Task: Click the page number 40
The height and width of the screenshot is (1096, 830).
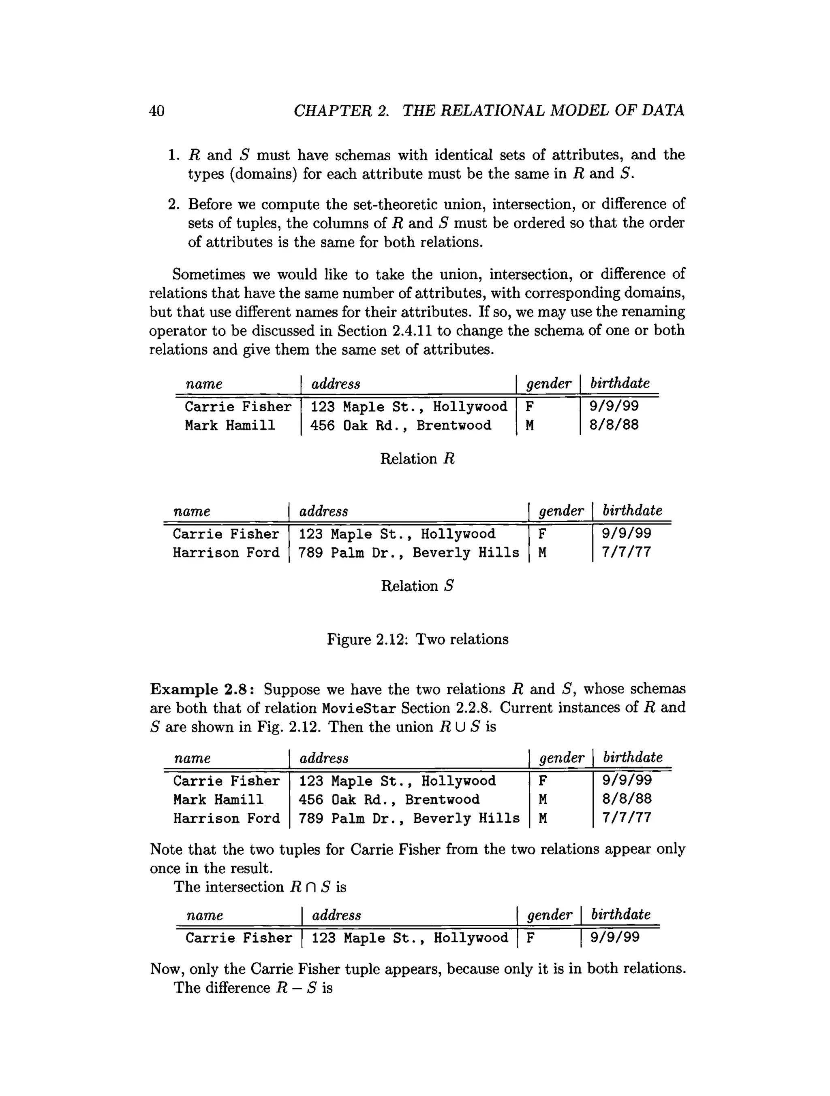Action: [156, 111]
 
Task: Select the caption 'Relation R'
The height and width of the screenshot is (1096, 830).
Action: [417, 459]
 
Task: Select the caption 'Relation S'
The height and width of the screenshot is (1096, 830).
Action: [417, 586]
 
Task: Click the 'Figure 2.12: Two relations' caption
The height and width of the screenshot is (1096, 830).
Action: [417, 639]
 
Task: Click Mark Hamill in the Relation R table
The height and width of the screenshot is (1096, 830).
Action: [229, 426]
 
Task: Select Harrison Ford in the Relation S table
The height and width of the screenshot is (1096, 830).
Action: [226, 553]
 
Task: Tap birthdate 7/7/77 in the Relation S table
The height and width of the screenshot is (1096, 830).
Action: [626, 553]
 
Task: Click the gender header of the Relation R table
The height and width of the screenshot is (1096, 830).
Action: [548, 383]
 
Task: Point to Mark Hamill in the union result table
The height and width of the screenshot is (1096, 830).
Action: [218, 800]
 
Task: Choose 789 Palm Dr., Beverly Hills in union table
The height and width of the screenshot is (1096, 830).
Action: [409, 819]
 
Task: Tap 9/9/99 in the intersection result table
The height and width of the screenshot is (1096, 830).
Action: [615, 937]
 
